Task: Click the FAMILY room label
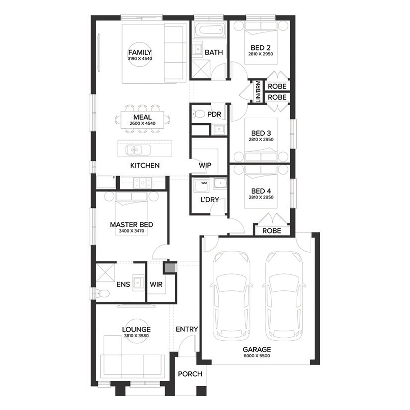click(140, 52)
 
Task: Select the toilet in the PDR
click(198, 113)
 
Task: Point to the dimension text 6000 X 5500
click(257, 356)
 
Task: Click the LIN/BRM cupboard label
click(258, 91)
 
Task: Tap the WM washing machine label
click(204, 183)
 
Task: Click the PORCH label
click(190, 374)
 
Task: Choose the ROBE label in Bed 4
click(272, 231)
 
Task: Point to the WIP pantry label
click(205, 165)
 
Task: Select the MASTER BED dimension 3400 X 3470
click(131, 231)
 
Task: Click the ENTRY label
click(187, 329)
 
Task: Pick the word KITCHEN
click(145, 165)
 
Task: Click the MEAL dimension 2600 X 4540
click(142, 123)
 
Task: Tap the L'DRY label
click(210, 200)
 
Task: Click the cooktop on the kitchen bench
click(142, 183)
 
